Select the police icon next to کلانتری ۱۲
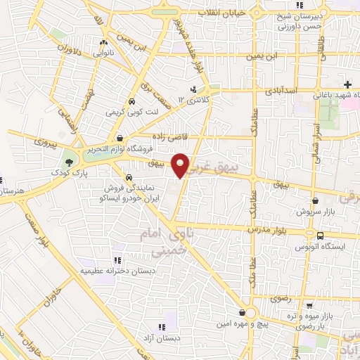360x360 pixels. tap(192, 89)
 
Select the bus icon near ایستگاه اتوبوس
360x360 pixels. tap(311, 233)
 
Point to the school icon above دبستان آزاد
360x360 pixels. tap(162, 326)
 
